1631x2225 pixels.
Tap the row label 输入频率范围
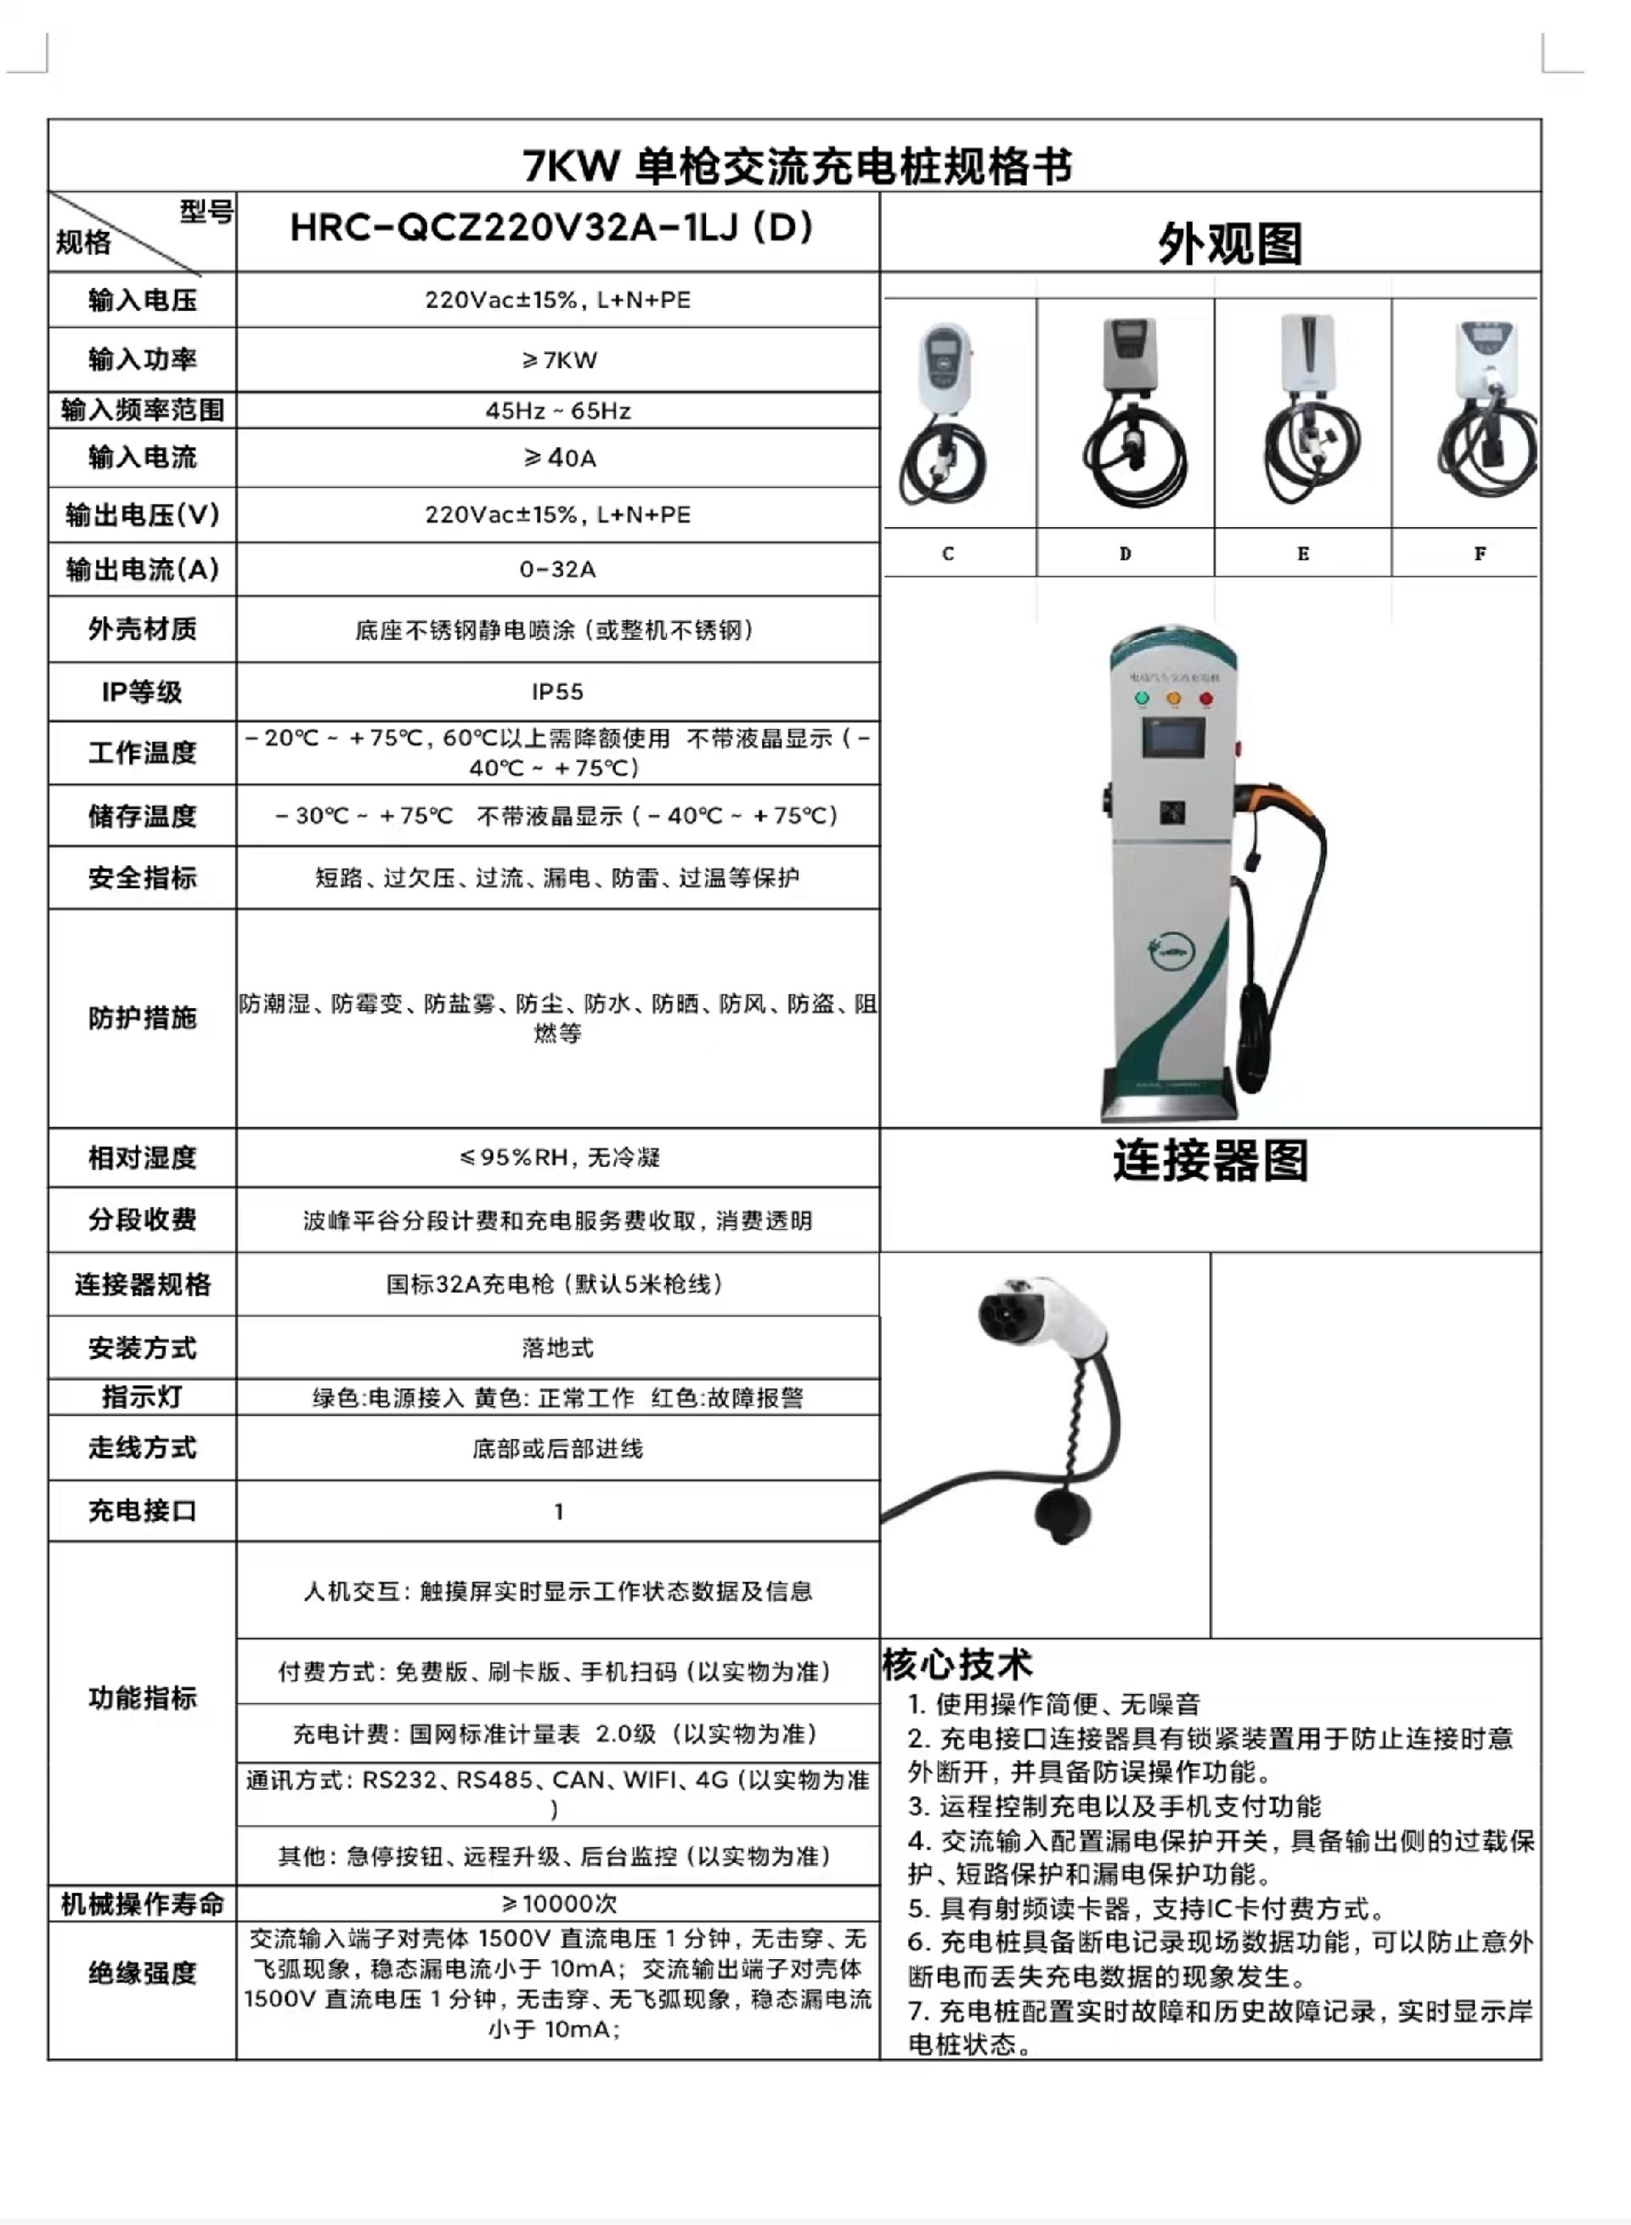tap(142, 410)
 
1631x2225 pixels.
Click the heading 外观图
tap(1229, 243)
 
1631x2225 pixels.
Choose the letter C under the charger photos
tap(948, 554)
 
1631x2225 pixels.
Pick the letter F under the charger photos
tap(1480, 554)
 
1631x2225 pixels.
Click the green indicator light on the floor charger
tap(1143, 699)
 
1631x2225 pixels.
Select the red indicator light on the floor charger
tap(1205, 699)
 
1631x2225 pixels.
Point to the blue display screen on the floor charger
tap(1174, 739)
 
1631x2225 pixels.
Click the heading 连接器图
tap(1211, 1160)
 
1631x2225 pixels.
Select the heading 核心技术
tap(957, 1664)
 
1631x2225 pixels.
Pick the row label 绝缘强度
tap(142, 1973)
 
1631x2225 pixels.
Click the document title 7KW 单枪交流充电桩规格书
tap(796, 166)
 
